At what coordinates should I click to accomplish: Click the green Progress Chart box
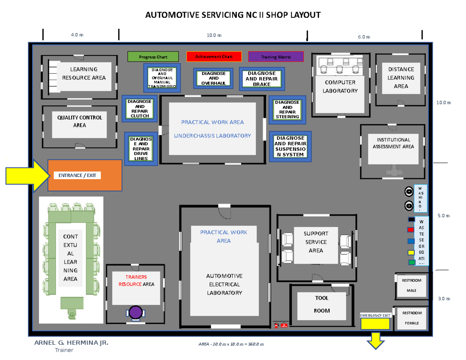(153, 57)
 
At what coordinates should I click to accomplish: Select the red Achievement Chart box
(214, 57)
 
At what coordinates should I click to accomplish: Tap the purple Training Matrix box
(276, 57)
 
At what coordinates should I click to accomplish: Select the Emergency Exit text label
(375, 315)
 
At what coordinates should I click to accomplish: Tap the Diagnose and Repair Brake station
(261, 79)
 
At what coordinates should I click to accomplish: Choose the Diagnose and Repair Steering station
(287, 110)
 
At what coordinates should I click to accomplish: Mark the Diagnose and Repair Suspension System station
(290, 146)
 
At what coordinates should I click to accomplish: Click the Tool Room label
(322, 304)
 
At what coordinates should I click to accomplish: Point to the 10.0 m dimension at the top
(214, 35)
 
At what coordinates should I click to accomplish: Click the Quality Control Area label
(80, 121)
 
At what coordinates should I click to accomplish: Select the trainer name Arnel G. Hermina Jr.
(72, 343)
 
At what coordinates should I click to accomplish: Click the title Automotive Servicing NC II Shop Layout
(233, 16)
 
